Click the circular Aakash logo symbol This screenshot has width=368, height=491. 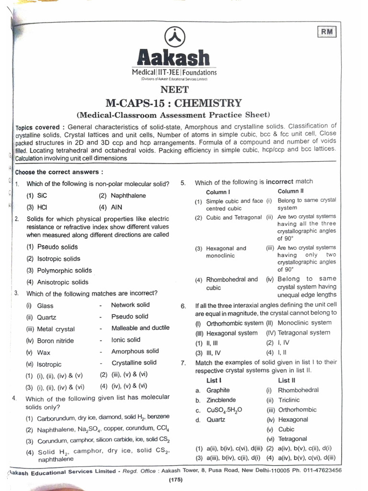(173, 36)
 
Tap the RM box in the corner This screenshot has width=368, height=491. (327, 32)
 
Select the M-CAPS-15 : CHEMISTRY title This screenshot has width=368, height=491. (173, 103)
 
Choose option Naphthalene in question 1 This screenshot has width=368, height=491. (128, 196)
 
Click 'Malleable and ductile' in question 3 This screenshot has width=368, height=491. (140, 328)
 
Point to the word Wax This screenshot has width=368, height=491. (43, 352)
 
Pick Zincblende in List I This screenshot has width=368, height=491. (221, 400)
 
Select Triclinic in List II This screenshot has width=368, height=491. (288, 400)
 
